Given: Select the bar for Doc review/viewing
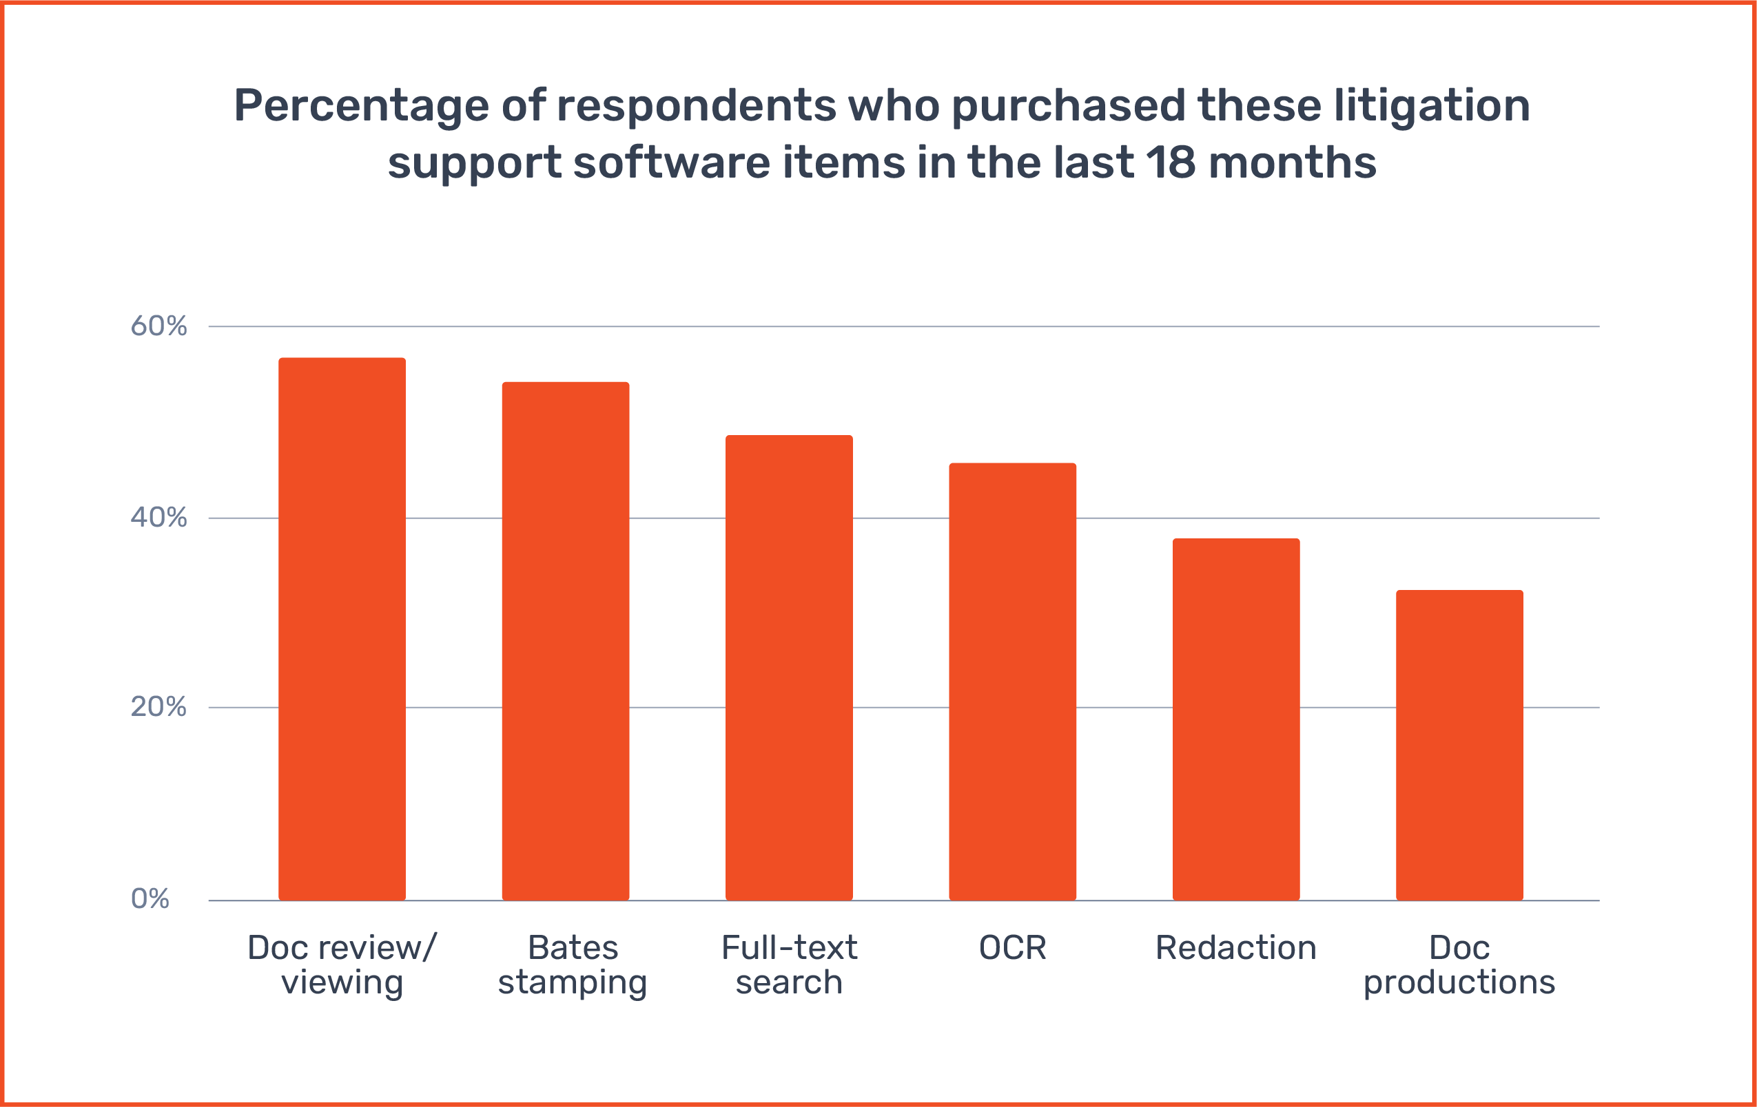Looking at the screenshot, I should [342, 629].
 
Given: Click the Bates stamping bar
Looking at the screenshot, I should [566, 641].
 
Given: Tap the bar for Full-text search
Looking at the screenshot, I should [789, 667].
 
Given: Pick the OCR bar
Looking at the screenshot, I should [1012, 681].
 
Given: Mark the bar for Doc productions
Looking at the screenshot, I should [1459, 745].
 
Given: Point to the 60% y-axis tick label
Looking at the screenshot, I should [158, 326].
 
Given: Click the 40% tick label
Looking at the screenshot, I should [158, 518].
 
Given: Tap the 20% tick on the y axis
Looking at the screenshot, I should [158, 706].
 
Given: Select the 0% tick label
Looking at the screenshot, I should [150, 899].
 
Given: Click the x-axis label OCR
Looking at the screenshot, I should [1012, 948].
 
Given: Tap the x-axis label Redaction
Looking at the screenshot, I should [1236, 948].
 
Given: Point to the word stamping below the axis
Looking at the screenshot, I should [572, 983].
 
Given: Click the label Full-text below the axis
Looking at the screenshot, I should [789, 948].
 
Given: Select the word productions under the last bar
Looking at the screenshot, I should [1459, 983].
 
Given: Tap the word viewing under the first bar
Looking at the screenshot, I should [342, 983].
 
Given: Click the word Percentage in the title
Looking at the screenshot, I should [361, 107].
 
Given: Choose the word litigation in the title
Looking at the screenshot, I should [1432, 107].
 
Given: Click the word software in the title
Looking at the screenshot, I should [671, 162].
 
